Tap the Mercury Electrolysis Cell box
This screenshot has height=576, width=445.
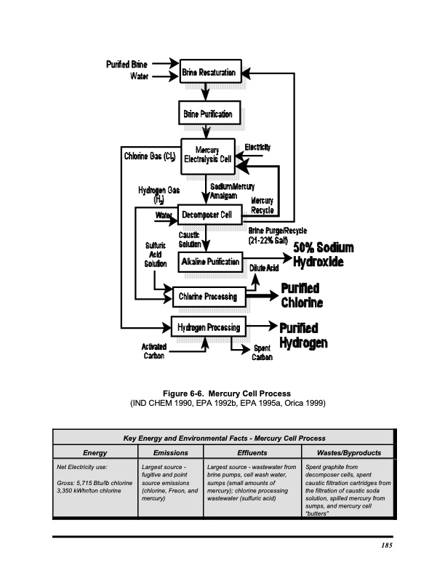click(x=207, y=156)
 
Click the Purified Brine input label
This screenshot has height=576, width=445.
click(x=128, y=64)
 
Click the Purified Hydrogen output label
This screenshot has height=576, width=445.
click(x=304, y=333)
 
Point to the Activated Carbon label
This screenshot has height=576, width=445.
click(x=154, y=351)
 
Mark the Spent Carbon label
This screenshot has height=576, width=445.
click(x=262, y=353)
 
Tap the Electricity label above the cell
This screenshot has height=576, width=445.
click(x=258, y=147)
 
